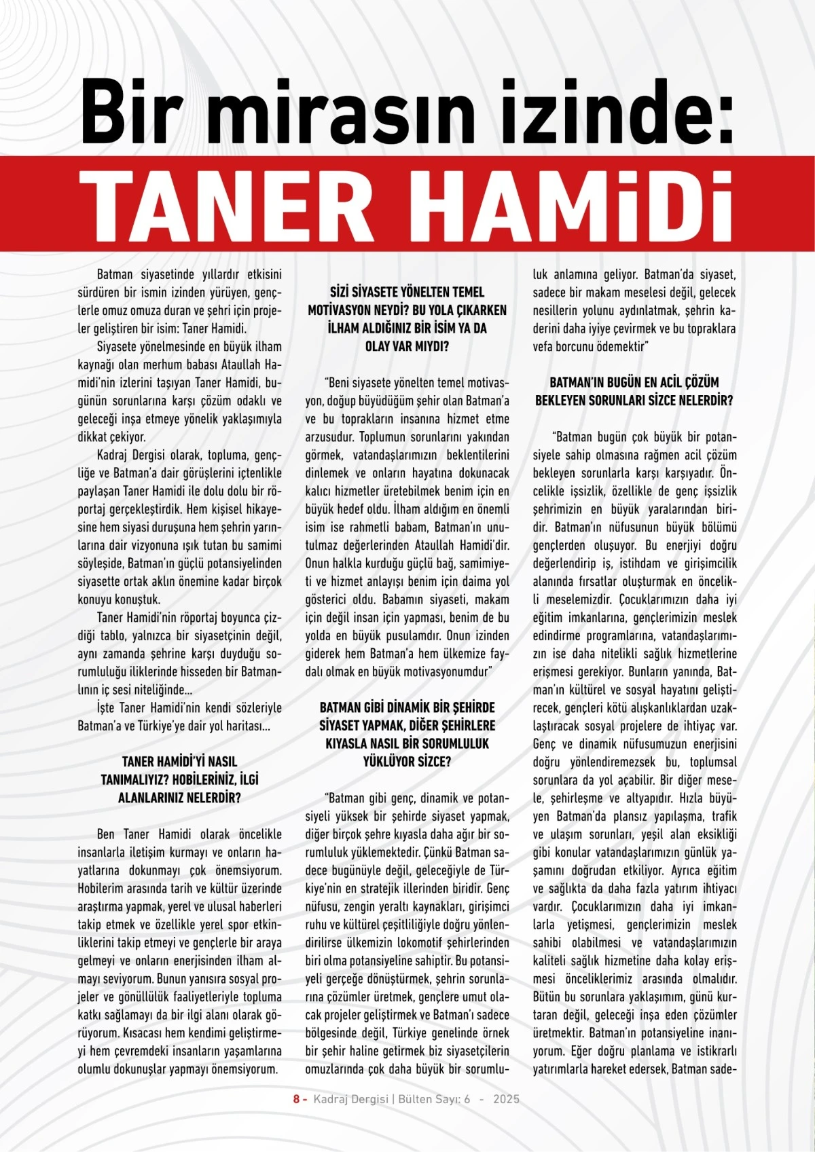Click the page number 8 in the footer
pyautogui.click(x=296, y=1099)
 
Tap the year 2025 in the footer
pyautogui.click(x=506, y=1099)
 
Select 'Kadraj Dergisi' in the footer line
pyautogui.click(x=350, y=1099)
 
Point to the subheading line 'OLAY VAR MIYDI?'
pyautogui.click(x=407, y=346)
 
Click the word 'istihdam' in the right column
pyautogui.click(x=636, y=563)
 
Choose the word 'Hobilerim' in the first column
pyautogui.click(x=105, y=889)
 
